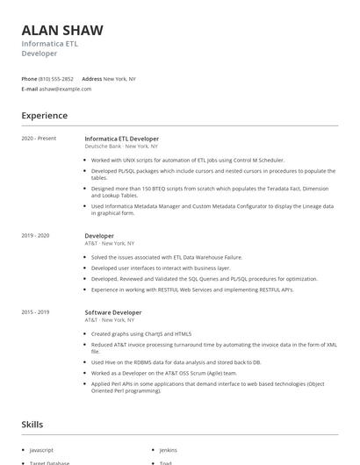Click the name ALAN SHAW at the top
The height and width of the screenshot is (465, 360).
[62, 30]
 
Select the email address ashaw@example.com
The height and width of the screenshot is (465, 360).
[66, 89]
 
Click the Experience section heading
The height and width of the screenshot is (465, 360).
[45, 116]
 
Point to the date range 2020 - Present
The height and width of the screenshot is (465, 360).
[39, 139]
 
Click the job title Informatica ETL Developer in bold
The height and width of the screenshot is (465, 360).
[121, 139]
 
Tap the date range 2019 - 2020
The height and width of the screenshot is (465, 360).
[36, 235]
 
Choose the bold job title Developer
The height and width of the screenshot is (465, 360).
[99, 235]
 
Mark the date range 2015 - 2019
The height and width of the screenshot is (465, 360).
[36, 312]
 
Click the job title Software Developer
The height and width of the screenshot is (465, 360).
[112, 312]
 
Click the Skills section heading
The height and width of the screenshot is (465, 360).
[32, 425]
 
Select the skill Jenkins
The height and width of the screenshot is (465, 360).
[168, 449]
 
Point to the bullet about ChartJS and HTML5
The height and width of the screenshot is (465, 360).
[140, 333]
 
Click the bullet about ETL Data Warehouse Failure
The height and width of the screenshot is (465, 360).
[167, 257]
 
